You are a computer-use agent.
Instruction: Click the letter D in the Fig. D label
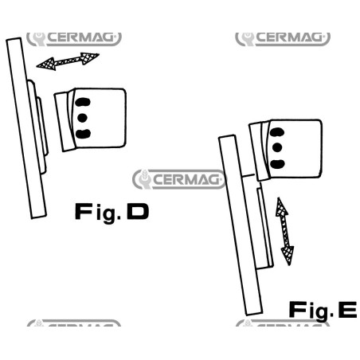click(x=138, y=211)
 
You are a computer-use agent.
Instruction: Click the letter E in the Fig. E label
click(x=347, y=310)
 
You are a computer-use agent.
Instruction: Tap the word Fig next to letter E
click(x=308, y=311)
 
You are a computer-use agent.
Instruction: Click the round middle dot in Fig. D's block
click(x=83, y=118)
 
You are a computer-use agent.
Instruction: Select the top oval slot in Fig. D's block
click(x=83, y=102)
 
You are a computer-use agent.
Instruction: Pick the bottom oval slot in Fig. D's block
click(x=83, y=134)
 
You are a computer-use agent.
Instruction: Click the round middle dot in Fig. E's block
click(x=277, y=147)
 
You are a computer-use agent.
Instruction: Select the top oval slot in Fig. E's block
click(x=277, y=132)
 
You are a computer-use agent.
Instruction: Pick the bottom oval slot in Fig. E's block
click(x=277, y=164)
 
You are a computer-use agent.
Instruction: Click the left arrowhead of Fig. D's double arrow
click(x=46, y=64)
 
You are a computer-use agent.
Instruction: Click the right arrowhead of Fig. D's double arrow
click(x=90, y=58)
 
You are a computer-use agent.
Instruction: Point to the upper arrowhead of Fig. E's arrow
click(x=281, y=207)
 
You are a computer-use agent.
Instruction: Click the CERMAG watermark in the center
click(x=179, y=179)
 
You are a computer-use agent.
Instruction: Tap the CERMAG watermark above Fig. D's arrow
click(x=74, y=38)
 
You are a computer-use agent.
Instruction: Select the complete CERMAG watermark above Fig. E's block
click(x=283, y=38)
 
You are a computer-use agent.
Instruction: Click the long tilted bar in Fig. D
click(x=26, y=128)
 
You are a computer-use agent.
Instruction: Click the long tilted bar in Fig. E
click(x=241, y=225)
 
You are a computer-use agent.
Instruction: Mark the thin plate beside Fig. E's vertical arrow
click(x=265, y=228)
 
